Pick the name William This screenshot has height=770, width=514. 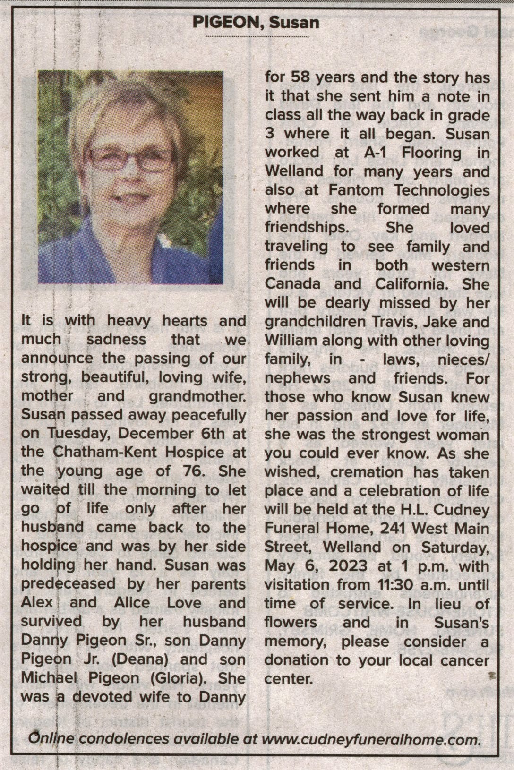click(291, 341)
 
